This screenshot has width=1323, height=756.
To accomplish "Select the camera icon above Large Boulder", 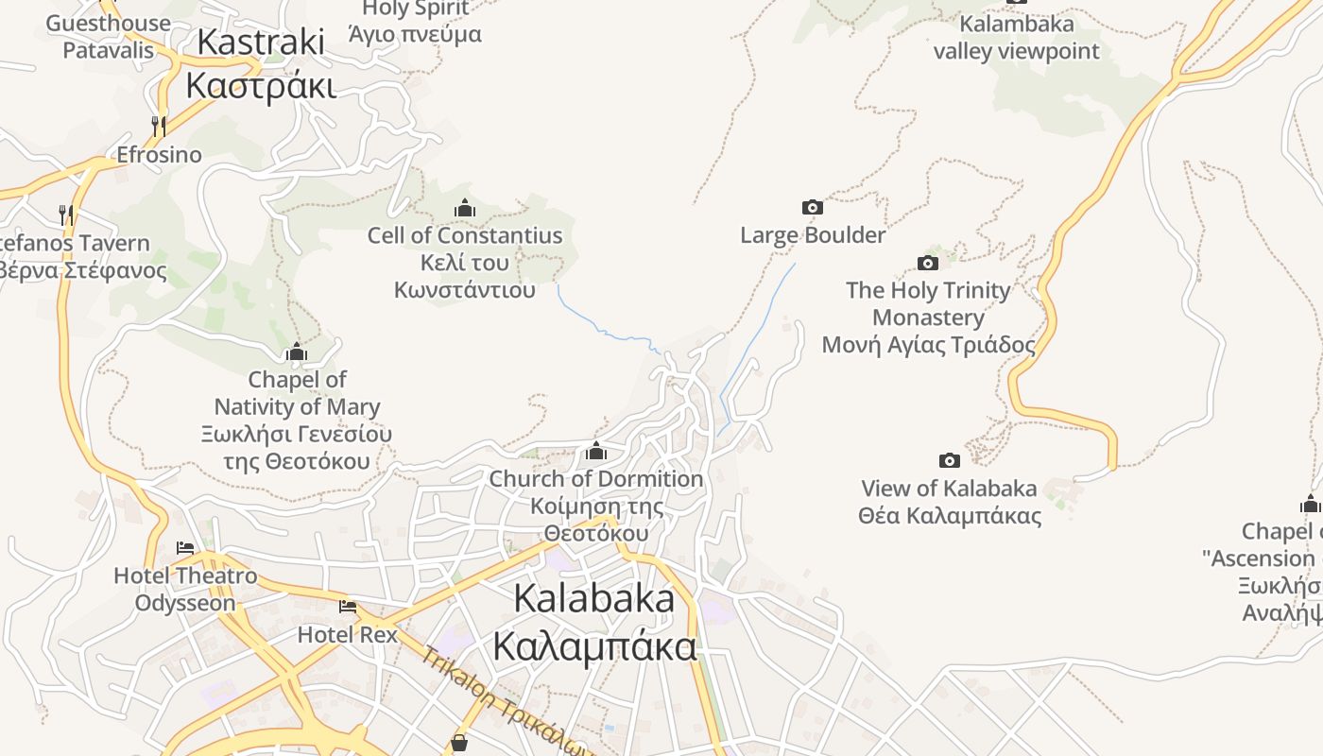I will (812, 207).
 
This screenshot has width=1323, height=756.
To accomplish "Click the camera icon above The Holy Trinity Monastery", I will (928, 263).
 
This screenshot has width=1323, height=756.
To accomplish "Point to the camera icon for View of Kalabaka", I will (950, 460).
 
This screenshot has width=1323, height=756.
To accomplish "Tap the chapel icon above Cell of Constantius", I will (464, 208).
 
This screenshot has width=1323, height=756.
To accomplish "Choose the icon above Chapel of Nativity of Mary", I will (297, 352).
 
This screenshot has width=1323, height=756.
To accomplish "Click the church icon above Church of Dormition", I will (596, 451).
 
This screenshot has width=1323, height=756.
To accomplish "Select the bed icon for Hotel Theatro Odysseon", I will (185, 548).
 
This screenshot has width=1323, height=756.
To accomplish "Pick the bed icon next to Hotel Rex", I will (348, 606).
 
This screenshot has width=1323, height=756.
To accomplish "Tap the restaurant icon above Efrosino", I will (159, 126).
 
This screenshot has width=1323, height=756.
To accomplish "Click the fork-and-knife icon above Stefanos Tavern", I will (66, 215).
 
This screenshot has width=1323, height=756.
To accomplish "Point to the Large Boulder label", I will (813, 235).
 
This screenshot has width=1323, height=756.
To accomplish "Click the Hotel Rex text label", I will (348, 634).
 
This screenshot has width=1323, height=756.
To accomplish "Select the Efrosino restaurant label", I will (159, 154).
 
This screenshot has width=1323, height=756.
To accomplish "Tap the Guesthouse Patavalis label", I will (108, 36).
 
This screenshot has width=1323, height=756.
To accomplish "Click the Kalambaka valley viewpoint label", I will (1017, 37).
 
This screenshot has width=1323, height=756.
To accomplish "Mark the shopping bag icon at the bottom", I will (459, 743).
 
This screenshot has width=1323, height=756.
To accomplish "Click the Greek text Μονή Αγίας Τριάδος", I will (928, 345).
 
